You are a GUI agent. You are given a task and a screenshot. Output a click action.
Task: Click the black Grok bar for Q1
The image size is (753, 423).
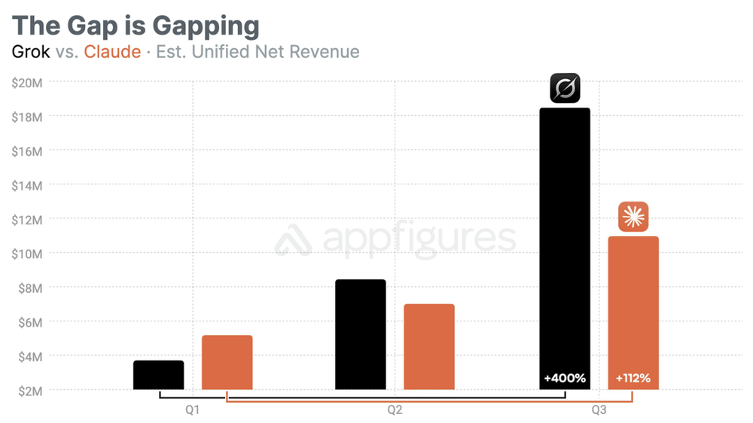tap(158, 375)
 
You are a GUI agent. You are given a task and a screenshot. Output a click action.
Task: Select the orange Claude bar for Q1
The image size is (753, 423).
tap(227, 362)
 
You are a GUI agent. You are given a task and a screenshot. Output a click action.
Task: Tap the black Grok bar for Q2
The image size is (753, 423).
tap(360, 334)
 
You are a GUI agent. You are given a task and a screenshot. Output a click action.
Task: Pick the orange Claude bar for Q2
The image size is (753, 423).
tap(428, 346)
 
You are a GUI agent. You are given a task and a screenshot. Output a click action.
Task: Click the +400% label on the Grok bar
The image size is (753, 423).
tap(565, 378)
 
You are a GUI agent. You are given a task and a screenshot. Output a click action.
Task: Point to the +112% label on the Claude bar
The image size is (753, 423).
tap(633, 378)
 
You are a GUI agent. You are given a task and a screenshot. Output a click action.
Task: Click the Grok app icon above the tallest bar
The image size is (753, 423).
tap(565, 88)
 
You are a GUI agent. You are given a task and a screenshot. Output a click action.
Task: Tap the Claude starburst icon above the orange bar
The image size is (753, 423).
tap(633, 217)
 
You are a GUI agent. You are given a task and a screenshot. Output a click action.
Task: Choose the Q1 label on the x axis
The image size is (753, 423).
tap(192, 410)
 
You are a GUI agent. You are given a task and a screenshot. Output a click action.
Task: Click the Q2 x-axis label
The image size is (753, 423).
tap(395, 410)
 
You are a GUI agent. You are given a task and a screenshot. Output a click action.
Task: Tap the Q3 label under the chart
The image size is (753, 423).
tap(599, 410)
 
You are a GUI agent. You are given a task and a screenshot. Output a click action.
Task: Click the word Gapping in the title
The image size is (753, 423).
tap(206, 26)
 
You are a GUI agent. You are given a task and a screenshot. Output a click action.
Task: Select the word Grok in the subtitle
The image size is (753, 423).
tap(31, 52)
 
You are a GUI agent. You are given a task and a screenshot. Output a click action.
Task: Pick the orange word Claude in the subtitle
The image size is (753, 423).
tap(112, 52)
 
